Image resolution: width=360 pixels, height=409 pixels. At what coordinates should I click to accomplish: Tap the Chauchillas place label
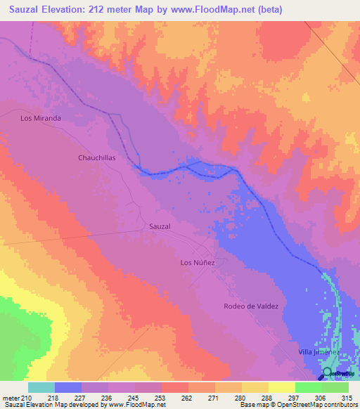(96, 158)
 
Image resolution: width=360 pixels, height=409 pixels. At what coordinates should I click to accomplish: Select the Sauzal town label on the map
(160, 226)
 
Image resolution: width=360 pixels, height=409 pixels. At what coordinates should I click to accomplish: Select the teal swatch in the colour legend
(41, 387)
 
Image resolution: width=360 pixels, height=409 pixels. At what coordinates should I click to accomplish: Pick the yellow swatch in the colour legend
(282, 387)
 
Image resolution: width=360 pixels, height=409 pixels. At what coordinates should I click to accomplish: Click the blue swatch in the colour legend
(68, 387)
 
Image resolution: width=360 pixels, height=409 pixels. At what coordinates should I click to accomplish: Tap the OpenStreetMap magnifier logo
(327, 372)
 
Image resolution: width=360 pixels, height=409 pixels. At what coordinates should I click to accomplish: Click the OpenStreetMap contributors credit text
(321, 405)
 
